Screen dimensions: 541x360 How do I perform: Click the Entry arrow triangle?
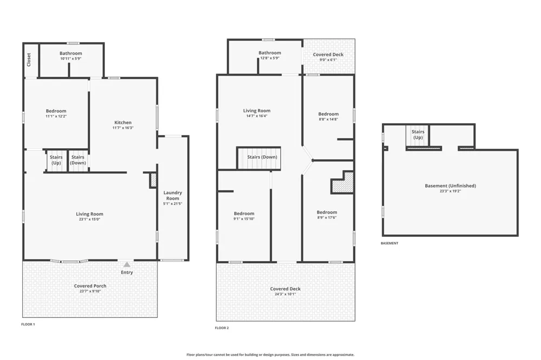click(x=127, y=264)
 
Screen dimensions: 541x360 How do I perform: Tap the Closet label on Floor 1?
click(x=29, y=59)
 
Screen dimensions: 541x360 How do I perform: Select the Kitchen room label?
click(x=123, y=122)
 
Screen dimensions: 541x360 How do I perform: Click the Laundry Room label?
click(x=173, y=196)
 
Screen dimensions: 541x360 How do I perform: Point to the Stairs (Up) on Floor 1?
click(x=56, y=160)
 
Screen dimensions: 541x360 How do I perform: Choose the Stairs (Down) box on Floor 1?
click(x=78, y=160)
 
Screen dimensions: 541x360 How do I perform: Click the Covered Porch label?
click(x=90, y=286)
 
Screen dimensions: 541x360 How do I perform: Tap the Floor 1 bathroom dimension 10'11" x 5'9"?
click(x=71, y=58)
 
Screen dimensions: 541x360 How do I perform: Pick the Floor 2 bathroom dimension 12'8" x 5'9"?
click(x=270, y=58)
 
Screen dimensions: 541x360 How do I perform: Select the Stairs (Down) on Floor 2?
click(x=259, y=158)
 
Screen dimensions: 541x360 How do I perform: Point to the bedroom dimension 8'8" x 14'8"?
click(x=328, y=119)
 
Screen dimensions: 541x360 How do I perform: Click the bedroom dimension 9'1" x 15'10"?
click(x=244, y=218)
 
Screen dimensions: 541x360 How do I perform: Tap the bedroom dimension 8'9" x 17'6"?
click(x=327, y=218)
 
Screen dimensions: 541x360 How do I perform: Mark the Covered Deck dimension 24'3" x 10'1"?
click(x=285, y=294)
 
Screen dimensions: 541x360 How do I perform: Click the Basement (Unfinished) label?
click(x=450, y=186)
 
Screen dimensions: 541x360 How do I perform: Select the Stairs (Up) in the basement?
click(x=418, y=136)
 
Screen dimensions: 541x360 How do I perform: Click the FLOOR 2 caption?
click(x=222, y=328)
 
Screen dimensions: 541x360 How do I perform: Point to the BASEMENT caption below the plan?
click(x=390, y=243)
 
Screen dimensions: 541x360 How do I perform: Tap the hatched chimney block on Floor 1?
click(x=153, y=181)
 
